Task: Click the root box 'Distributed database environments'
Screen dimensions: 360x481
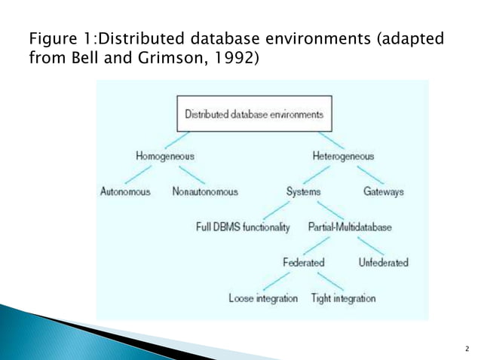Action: [x=254, y=115]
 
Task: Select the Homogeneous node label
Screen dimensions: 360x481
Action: [x=164, y=157]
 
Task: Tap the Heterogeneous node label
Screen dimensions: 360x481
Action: [x=342, y=157]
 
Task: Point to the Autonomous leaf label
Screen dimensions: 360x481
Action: [x=125, y=192]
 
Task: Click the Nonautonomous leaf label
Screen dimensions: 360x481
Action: [x=205, y=192]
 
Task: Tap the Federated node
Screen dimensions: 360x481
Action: [x=303, y=263]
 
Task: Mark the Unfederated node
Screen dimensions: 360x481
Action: [x=384, y=263]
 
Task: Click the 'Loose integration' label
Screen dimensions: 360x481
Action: [x=263, y=298]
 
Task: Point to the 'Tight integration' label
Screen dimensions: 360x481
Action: [x=343, y=298]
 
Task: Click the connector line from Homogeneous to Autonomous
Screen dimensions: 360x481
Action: [x=146, y=174]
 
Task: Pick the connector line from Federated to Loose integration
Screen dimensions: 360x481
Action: [x=283, y=281]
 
